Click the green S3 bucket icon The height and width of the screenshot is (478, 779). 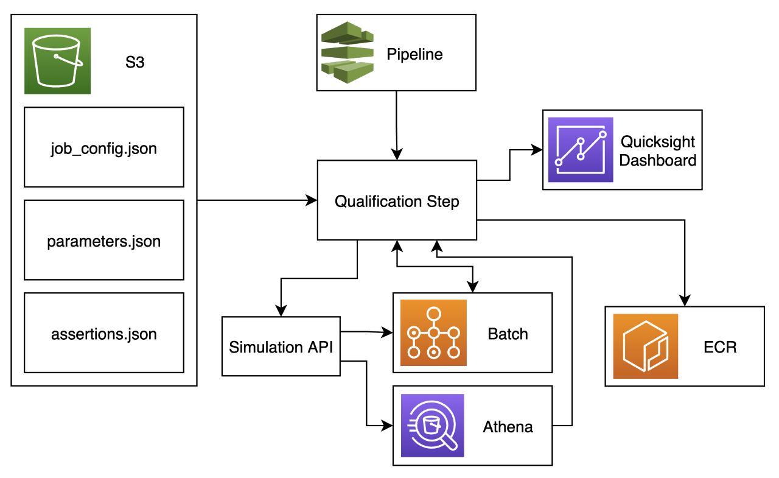click(57, 61)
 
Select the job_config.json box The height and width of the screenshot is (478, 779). click(103, 147)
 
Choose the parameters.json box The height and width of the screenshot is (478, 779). click(103, 241)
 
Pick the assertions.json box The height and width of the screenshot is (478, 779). click(103, 333)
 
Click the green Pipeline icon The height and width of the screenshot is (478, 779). click(348, 52)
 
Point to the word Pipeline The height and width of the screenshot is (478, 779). click(414, 55)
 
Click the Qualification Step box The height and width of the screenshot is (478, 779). click(397, 201)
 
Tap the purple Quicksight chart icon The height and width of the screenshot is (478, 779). click(581, 150)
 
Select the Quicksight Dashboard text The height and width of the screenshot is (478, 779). click(658, 151)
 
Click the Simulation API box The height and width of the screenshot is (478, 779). click(281, 346)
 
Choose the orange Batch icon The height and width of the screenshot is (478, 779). click(433, 332)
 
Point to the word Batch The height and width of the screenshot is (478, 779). click(508, 334)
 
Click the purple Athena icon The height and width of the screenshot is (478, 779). click(432, 426)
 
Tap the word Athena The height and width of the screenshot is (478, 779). click(508, 427)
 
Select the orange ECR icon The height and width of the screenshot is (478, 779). click(646, 346)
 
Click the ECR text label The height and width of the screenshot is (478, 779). click(719, 347)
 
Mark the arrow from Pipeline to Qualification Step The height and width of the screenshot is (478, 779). click(397, 125)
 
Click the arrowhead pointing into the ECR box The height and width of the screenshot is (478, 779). click(685, 301)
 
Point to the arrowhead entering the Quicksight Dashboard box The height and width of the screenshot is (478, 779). click(537, 149)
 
